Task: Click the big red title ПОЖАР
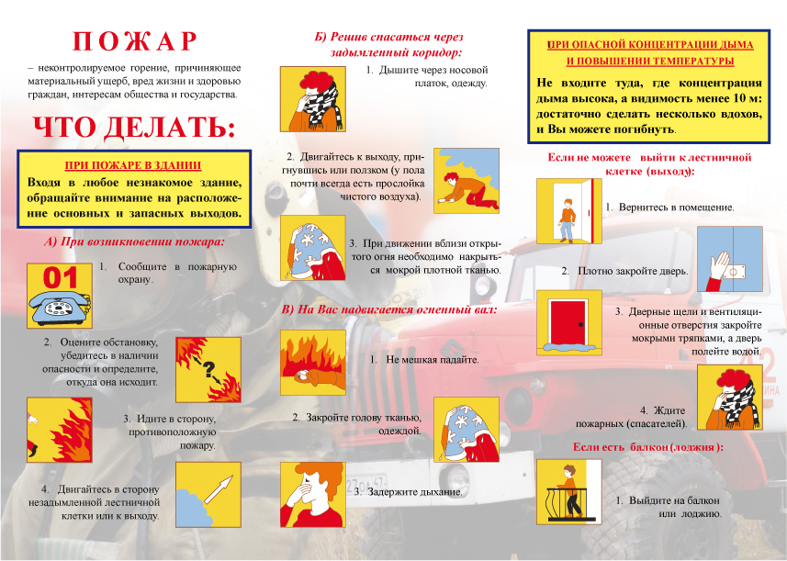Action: pyautogui.click(x=135, y=41)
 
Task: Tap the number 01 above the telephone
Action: pyautogui.click(x=60, y=276)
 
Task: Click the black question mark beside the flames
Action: pyautogui.click(x=208, y=370)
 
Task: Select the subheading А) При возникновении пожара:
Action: pyautogui.click(x=133, y=242)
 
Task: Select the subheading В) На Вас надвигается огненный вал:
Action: pyautogui.click(x=388, y=309)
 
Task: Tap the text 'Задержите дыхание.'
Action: pyautogui.click(x=408, y=492)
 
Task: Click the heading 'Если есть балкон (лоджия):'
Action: pyautogui.click(x=647, y=446)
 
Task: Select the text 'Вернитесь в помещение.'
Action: pyautogui.click(x=669, y=208)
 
